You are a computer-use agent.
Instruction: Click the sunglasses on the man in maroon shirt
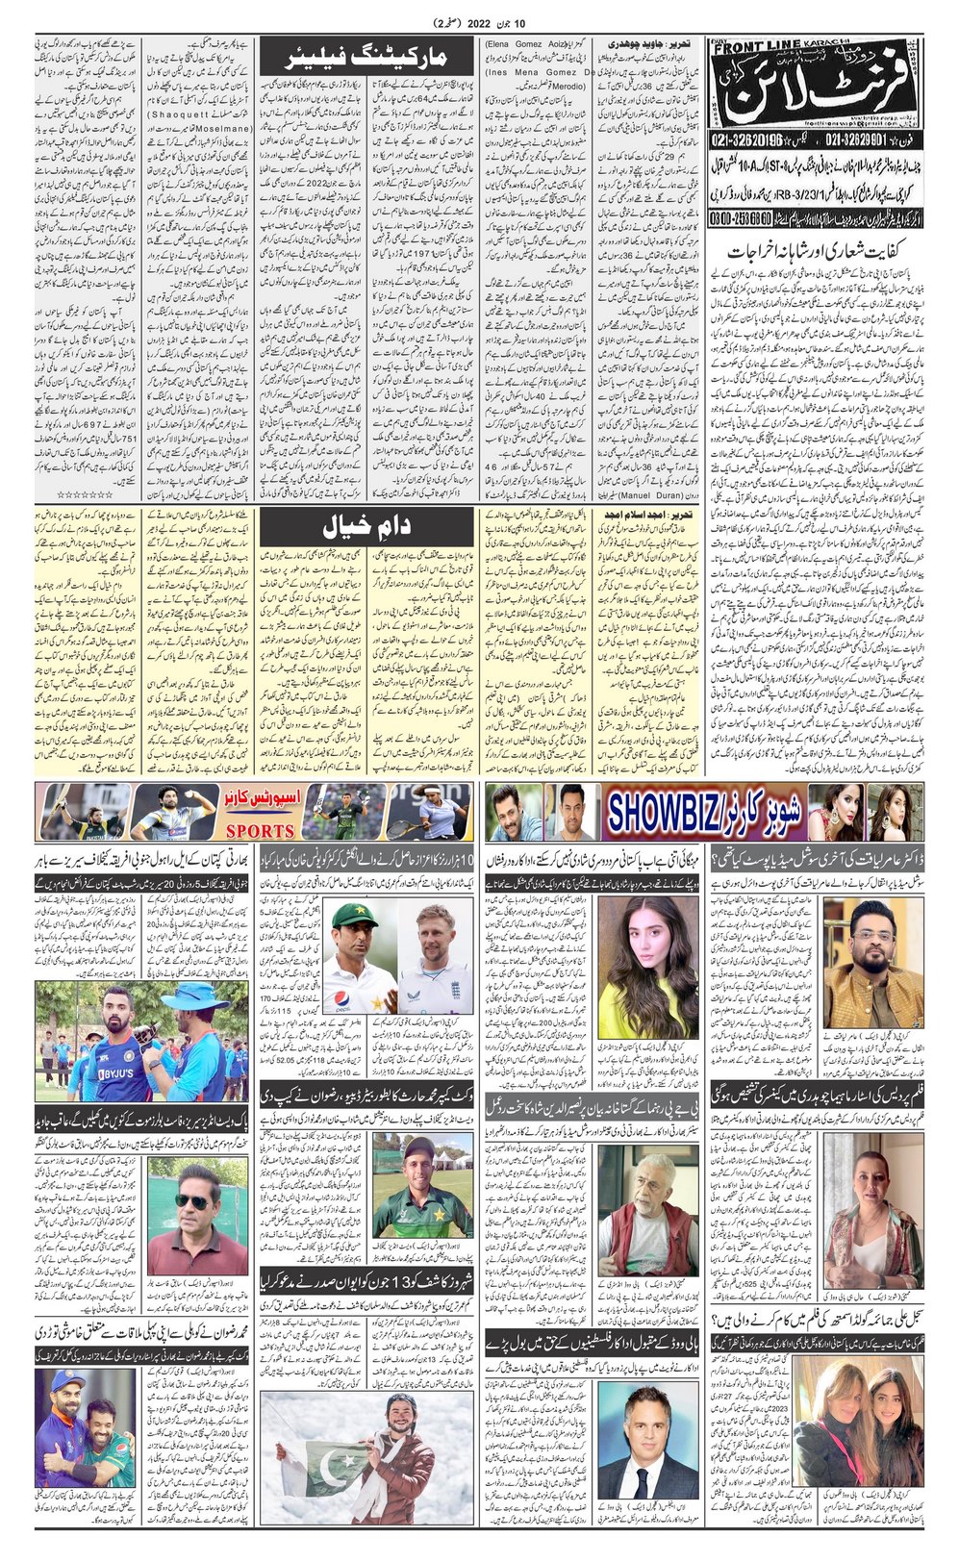pyautogui.click(x=189, y=1202)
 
